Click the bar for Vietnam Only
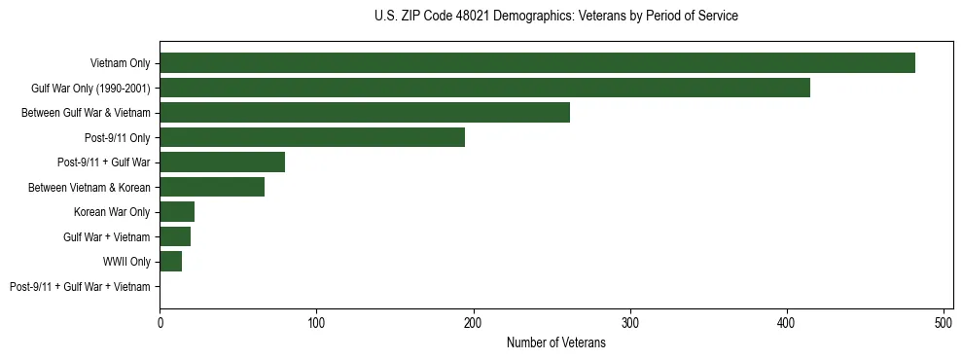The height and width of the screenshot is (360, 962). [537, 63]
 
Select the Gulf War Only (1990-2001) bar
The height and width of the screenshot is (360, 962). [484, 88]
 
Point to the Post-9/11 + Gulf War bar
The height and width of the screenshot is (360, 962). [223, 162]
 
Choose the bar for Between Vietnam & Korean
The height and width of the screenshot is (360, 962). [212, 187]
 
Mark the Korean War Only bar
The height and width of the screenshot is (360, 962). [177, 212]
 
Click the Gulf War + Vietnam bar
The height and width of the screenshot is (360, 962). [175, 236]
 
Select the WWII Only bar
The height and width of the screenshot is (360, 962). [171, 262]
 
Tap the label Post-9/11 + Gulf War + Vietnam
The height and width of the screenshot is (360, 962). [80, 287]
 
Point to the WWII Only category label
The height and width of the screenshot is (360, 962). [126, 262]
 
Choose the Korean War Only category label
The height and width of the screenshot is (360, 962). [112, 212]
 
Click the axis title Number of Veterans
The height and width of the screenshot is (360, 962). [555, 343]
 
